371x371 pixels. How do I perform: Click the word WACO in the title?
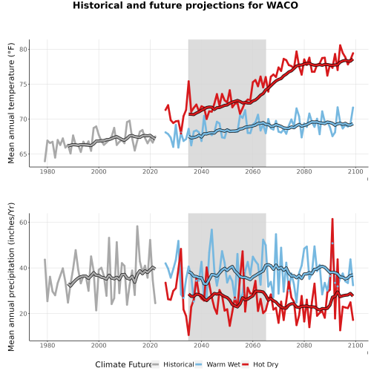tap(282, 5)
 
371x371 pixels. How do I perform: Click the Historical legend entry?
tap(173, 364)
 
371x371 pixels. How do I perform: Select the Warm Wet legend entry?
tap(217, 364)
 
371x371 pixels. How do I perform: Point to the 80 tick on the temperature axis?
tap(23, 50)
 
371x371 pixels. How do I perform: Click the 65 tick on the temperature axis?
tap(23, 154)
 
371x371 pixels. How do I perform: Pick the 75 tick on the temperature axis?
tap(23, 85)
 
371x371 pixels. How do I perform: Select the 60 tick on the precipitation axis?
tap(23, 222)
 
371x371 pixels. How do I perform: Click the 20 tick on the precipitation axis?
tap(23, 313)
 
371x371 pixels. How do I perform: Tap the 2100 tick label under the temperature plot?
tap(355, 171)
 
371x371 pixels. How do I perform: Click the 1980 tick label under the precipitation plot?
tap(47, 345)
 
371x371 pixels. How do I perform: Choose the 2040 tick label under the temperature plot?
tap(201, 171)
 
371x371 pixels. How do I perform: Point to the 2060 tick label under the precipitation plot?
tap(253, 345)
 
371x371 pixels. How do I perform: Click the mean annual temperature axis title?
tap(11, 103)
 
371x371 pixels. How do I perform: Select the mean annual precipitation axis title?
tap(11, 277)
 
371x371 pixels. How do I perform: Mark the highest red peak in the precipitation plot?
tap(332, 219)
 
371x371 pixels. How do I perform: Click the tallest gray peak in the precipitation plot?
tap(137, 226)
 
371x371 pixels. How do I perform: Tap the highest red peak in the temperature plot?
tap(340, 45)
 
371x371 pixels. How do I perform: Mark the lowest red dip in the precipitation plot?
tap(188, 335)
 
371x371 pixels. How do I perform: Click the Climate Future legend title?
tap(123, 364)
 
